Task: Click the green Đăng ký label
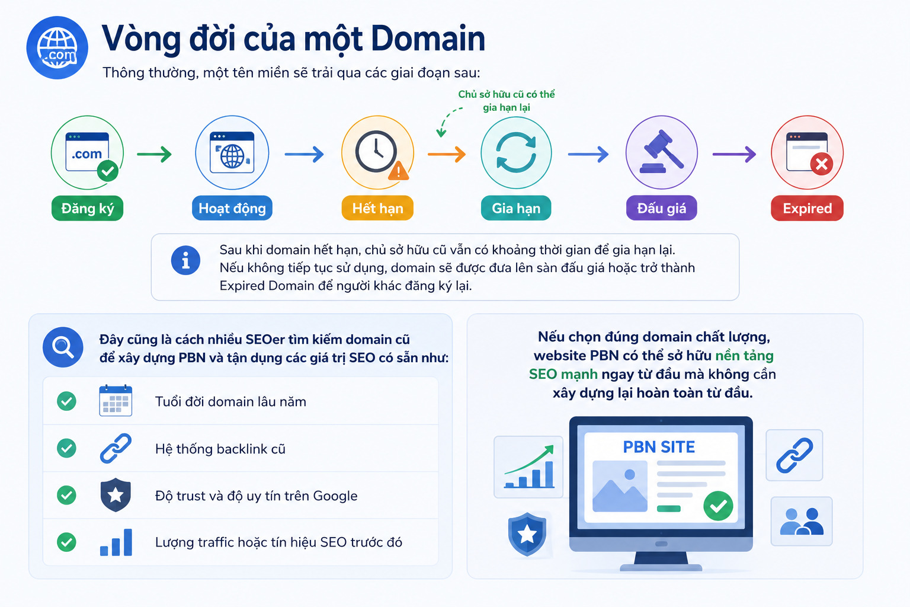(87, 208)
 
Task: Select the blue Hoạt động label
(232, 208)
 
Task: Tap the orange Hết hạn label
(377, 208)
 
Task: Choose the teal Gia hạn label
(516, 208)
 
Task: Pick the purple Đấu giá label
(661, 208)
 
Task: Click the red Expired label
(808, 208)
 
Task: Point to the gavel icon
(662, 151)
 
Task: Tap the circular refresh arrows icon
(516, 152)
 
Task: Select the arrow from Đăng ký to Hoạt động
(155, 154)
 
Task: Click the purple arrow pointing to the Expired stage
(734, 154)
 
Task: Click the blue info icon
(185, 261)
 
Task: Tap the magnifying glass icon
(63, 347)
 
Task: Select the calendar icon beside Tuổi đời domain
(116, 401)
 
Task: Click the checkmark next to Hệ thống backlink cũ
(66, 448)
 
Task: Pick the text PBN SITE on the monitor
(659, 447)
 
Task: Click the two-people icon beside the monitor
(802, 521)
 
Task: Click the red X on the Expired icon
(822, 164)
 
